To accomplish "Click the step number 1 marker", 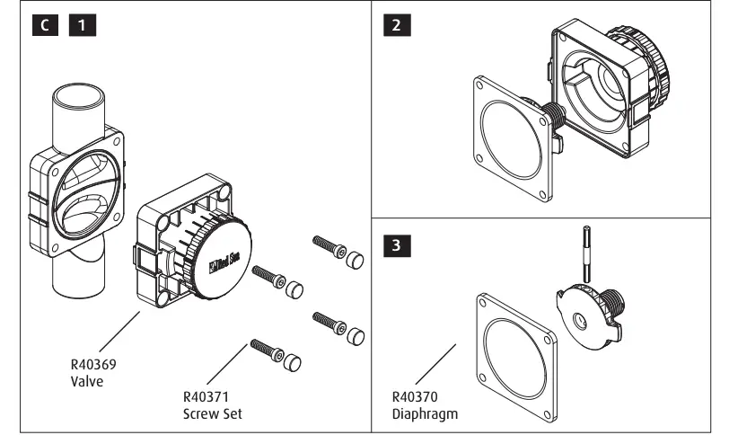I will (82, 26).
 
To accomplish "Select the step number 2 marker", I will (392, 26).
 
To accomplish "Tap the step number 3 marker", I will (392, 244).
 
